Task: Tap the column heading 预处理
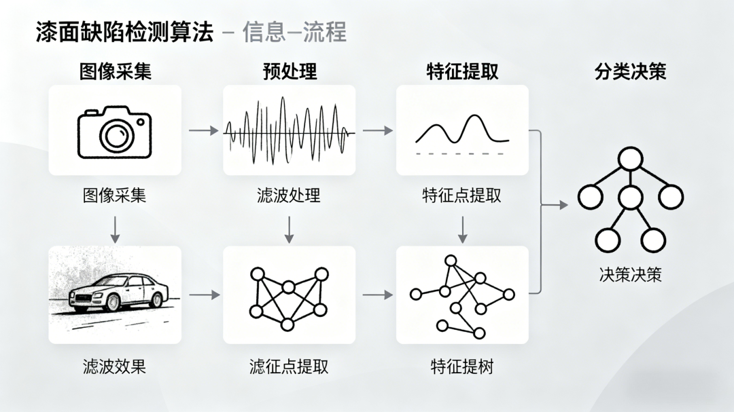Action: coord(290,71)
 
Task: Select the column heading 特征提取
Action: coord(462,71)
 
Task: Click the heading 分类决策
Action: coord(630,71)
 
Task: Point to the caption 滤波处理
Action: coord(289,195)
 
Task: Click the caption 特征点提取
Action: coord(462,195)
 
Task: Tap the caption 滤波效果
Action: coord(115,367)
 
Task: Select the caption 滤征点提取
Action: coord(289,367)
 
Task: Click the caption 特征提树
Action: coord(462,367)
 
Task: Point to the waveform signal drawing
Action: coord(289,131)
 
